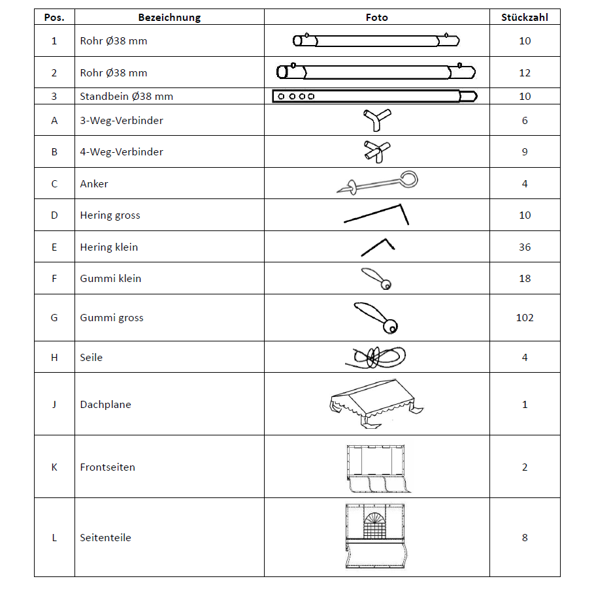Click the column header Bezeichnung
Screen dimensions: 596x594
[169, 18]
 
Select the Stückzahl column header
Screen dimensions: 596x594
[525, 18]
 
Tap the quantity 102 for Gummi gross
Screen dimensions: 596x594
[525, 318]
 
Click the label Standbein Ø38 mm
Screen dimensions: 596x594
[127, 97]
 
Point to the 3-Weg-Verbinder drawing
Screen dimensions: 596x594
[377, 120]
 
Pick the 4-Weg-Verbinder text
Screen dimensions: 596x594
[122, 152]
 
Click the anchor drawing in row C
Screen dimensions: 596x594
[377, 183]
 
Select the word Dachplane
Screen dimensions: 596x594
[106, 405]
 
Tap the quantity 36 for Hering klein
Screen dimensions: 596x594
[525, 247]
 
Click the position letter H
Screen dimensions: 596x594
[54, 358]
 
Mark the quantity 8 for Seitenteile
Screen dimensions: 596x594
[525, 538]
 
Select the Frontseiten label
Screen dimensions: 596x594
[108, 467]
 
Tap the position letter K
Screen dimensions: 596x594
[54, 467]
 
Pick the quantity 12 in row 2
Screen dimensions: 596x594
[525, 73]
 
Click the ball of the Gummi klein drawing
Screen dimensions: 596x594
[386, 285]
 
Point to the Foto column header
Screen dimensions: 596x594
[377, 18]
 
